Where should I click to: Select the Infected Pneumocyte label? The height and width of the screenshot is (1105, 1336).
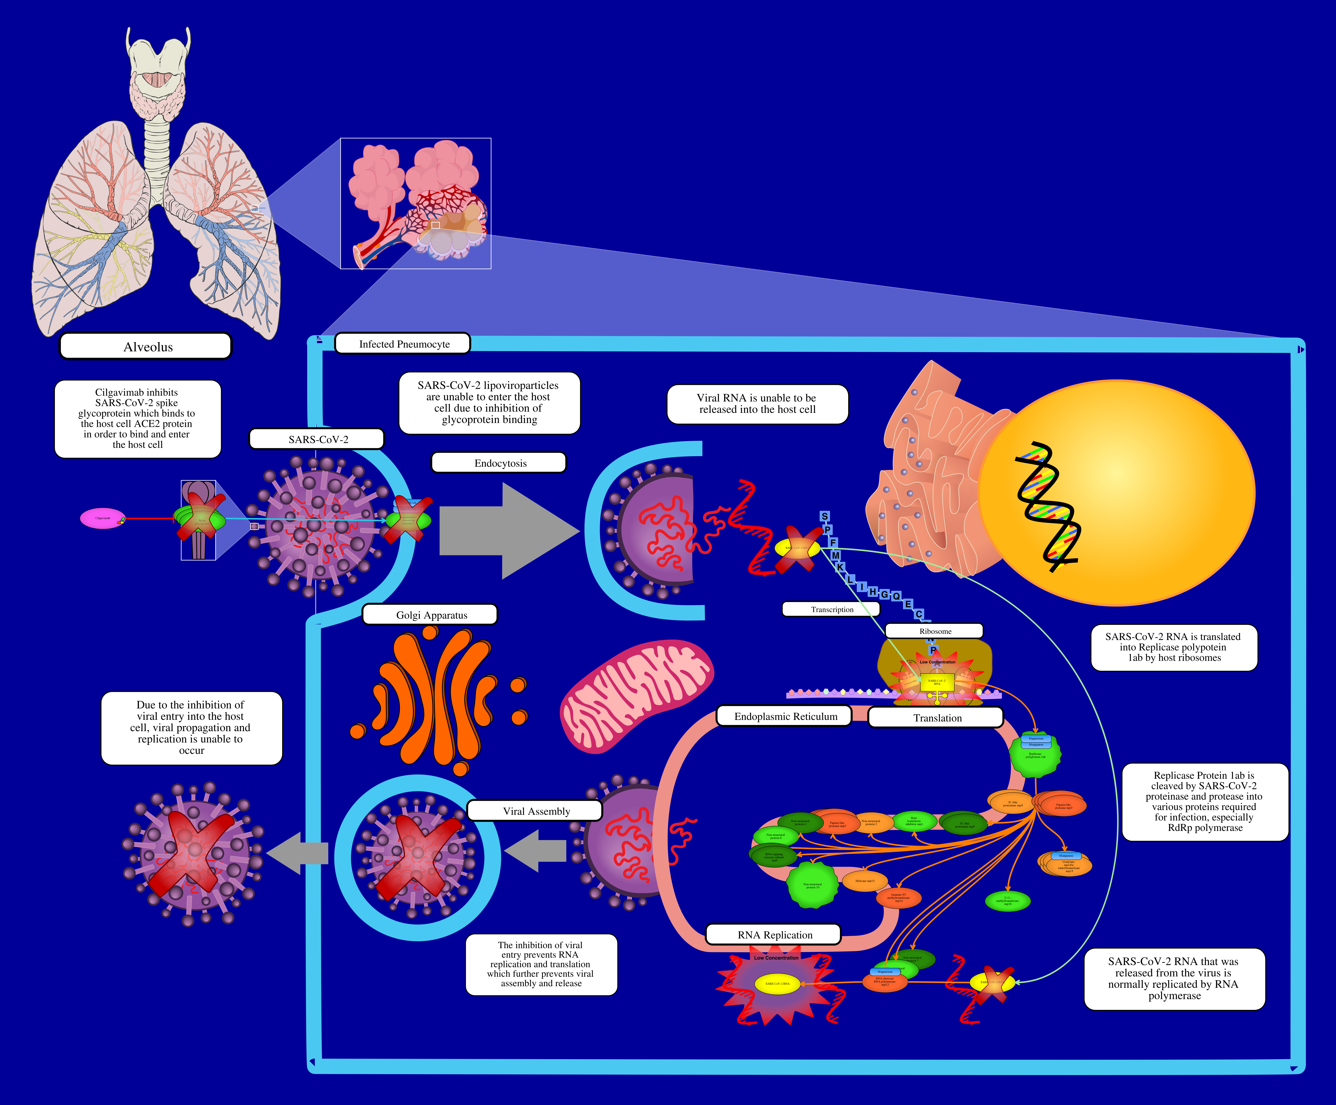click(x=403, y=344)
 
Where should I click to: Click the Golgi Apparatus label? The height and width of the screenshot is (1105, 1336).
click(x=430, y=615)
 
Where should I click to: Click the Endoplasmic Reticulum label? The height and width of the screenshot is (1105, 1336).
click(x=784, y=716)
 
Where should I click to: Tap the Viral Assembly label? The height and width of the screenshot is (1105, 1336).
click(x=535, y=811)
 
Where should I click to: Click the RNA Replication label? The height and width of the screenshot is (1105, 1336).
click(x=774, y=935)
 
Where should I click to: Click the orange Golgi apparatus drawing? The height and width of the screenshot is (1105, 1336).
click(x=439, y=699)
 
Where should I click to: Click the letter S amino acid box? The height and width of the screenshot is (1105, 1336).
click(x=824, y=516)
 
